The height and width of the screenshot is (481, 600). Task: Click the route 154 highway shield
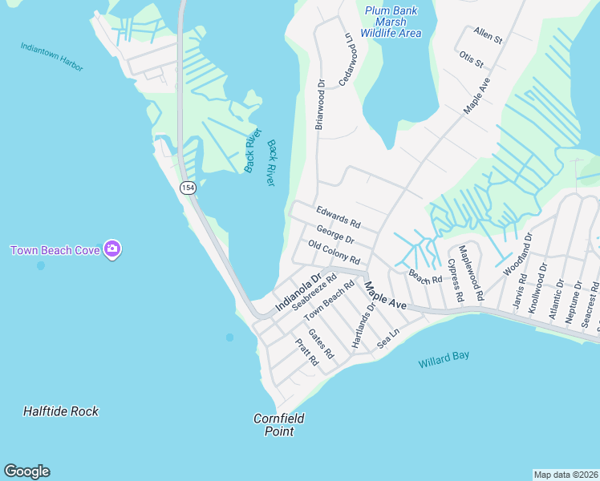(x=188, y=187)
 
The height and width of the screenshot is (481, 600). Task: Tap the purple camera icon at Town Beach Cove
(x=112, y=249)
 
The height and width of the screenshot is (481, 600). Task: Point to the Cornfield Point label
(x=274, y=425)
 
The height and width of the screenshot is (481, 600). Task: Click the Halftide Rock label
(x=61, y=411)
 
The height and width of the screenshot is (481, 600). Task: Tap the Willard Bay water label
(x=444, y=360)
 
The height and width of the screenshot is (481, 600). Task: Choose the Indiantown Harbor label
(x=52, y=56)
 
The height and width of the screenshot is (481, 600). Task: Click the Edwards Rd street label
(x=338, y=216)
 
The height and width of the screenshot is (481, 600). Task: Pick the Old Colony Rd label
(x=334, y=253)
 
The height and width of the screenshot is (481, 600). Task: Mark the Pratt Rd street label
(x=306, y=352)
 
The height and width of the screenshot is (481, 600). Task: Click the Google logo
(x=26, y=471)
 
